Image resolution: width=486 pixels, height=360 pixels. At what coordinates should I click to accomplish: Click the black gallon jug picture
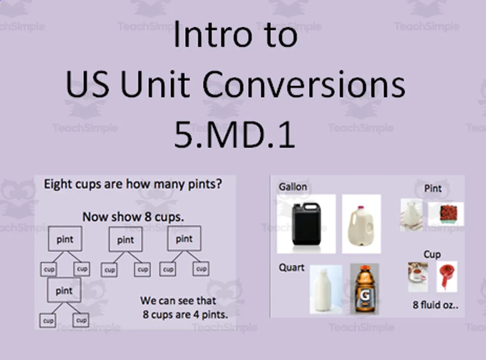point(306,224)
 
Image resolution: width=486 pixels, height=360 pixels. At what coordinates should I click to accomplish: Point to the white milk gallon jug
point(361,224)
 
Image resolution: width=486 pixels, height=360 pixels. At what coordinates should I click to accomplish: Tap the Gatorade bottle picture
point(364,288)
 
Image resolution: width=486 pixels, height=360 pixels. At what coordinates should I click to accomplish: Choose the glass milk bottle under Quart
point(326,288)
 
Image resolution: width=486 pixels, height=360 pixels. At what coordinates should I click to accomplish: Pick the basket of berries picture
point(445,213)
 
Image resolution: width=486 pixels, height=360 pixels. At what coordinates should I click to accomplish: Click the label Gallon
point(293,187)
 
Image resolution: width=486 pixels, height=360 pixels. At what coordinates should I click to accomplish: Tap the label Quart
point(291,268)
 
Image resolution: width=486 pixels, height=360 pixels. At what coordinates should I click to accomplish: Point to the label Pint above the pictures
point(433,188)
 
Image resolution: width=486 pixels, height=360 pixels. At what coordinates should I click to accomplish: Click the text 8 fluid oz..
point(436,305)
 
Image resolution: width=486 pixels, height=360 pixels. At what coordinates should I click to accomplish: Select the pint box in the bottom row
point(64,290)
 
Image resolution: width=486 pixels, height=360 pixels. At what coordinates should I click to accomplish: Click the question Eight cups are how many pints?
point(133,184)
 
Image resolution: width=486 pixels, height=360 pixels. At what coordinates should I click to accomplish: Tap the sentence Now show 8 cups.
point(133,217)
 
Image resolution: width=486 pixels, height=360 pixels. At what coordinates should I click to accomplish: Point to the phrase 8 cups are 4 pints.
point(185,315)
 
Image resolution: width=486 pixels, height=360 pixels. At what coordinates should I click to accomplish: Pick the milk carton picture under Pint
point(412,215)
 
